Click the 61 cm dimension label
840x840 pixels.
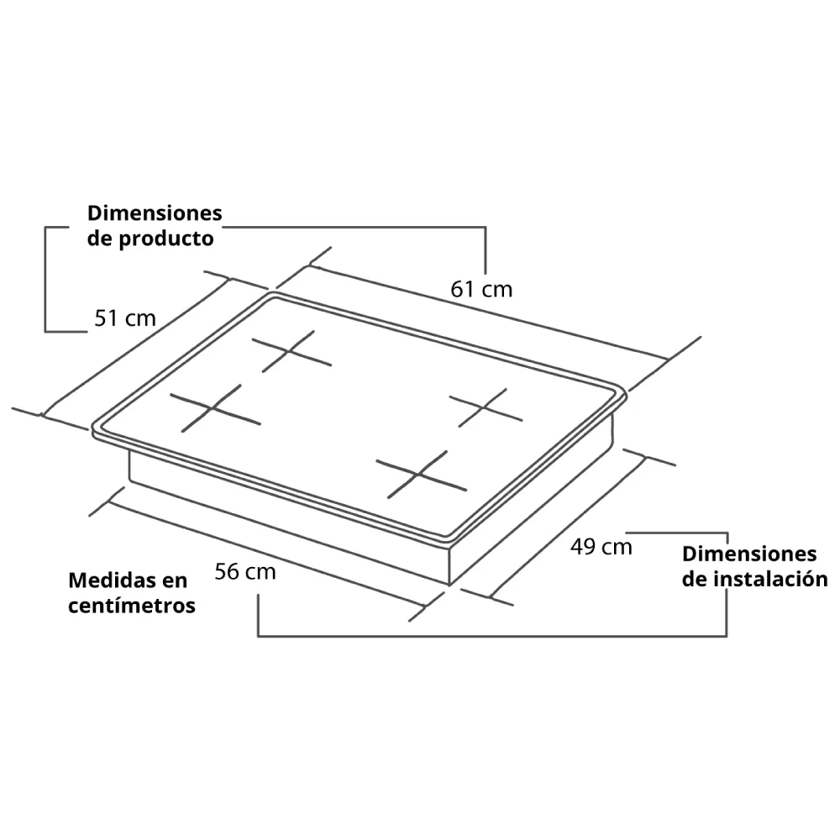click(x=481, y=289)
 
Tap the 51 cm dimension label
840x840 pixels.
click(x=125, y=318)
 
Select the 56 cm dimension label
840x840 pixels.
click(x=245, y=571)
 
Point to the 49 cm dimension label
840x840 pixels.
click(x=601, y=547)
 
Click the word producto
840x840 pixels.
click(x=166, y=239)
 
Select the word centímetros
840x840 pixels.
click(x=132, y=606)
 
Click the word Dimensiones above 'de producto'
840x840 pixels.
click(x=155, y=213)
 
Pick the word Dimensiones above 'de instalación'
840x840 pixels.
click(x=749, y=554)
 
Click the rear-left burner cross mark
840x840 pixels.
click(x=291, y=351)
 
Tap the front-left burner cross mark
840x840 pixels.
click(x=214, y=408)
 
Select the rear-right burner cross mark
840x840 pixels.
click(x=485, y=407)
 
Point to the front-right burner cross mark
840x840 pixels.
click(x=420, y=475)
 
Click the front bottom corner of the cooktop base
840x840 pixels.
click(x=449, y=585)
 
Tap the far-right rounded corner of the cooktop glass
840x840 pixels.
click(x=623, y=396)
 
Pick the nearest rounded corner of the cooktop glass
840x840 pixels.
click(x=450, y=540)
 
